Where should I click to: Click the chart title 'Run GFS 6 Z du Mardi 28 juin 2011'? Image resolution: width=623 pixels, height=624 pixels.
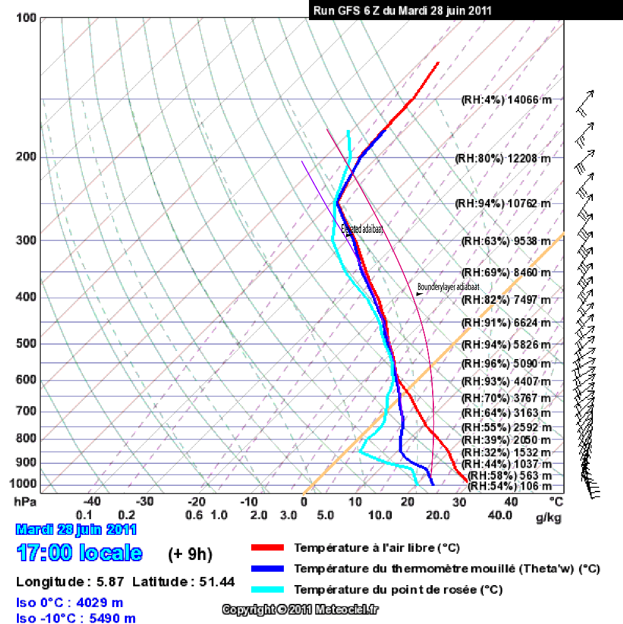[402, 10]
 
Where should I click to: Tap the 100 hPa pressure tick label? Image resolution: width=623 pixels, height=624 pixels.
[26, 18]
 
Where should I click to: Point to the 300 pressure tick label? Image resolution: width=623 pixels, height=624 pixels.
[26, 240]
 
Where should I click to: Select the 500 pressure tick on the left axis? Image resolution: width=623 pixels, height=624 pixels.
[26, 344]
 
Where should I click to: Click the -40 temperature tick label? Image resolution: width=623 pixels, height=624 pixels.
[92, 502]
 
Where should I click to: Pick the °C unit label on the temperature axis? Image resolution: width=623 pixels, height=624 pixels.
[556, 502]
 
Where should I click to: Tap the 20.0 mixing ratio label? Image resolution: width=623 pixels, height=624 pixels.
[438, 516]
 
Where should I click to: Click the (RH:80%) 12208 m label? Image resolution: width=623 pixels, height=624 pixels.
[502, 158]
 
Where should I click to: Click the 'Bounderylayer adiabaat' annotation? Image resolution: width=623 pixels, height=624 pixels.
[448, 286]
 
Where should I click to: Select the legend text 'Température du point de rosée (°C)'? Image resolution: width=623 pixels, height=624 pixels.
[398, 590]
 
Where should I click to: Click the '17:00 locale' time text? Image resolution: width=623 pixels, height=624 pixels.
[80, 553]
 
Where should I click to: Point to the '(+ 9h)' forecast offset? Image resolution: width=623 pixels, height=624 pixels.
[190, 554]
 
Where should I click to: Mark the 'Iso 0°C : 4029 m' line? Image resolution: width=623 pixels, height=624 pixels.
[70, 603]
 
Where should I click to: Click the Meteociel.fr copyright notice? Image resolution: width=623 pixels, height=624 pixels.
[300, 610]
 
